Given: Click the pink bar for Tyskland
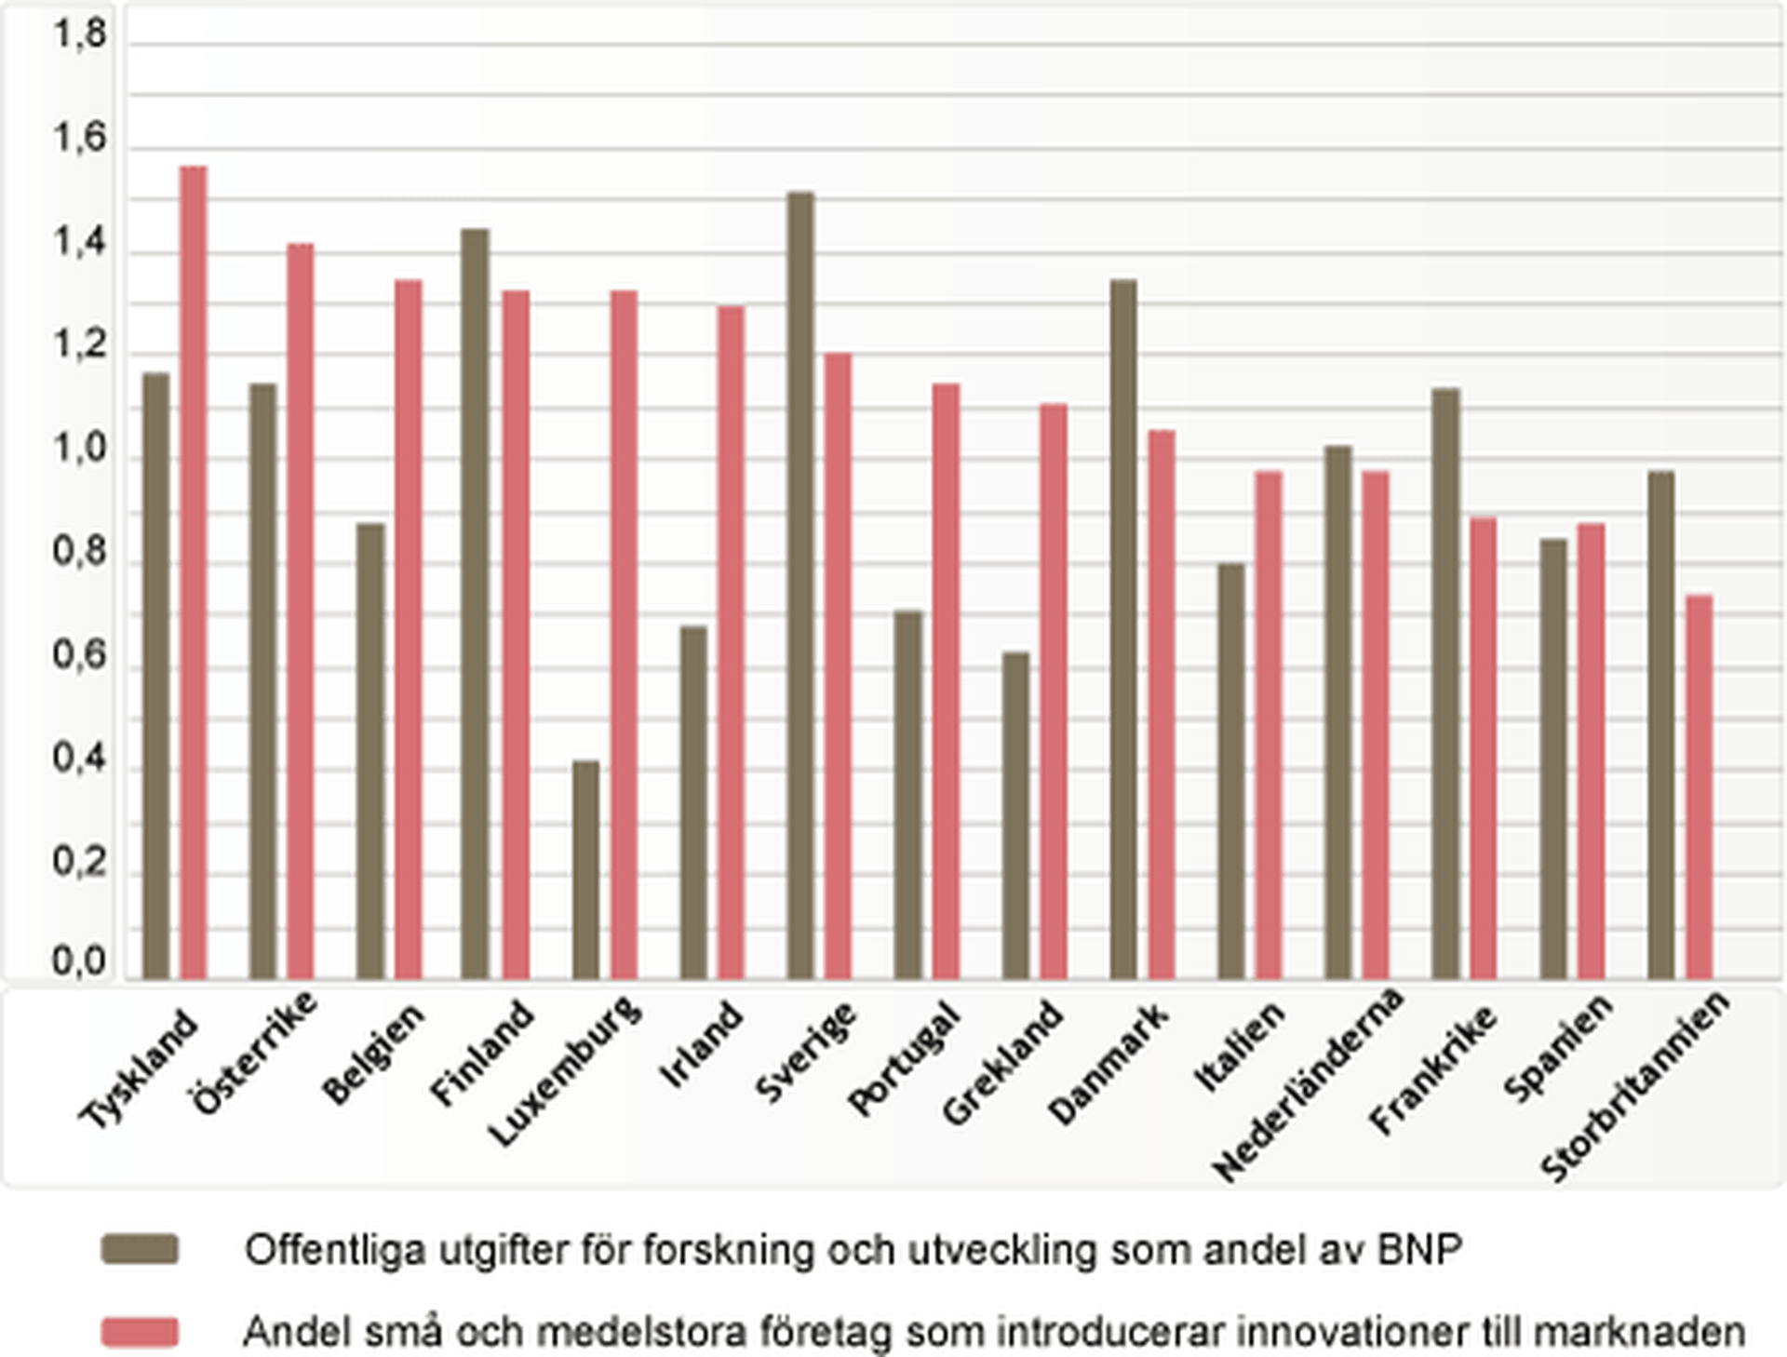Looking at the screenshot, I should click(x=194, y=572).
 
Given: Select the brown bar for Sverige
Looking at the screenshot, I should click(x=800, y=586).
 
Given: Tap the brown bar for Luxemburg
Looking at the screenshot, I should click(x=586, y=870).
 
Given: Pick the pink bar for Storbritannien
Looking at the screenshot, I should click(x=1700, y=786).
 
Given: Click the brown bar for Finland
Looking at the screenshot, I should click(x=475, y=605).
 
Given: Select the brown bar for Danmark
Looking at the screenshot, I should click(x=1123, y=629).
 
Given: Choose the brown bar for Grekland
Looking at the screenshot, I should click(x=1016, y=815).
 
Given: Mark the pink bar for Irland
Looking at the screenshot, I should click(x=732, y=642).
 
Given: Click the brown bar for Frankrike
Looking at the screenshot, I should click(x=1445, y=684).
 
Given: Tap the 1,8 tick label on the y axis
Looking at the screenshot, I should click(x=80, y=35).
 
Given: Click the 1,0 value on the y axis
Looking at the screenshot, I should click(x=80, y=450).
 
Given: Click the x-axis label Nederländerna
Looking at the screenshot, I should click(x=1309, y=1084).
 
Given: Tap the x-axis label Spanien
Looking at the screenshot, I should click(x=1558, y=1048).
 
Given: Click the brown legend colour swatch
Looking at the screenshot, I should click(x=140, y=1249).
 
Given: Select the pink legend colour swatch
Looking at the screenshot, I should click(x=140, y=1332).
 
